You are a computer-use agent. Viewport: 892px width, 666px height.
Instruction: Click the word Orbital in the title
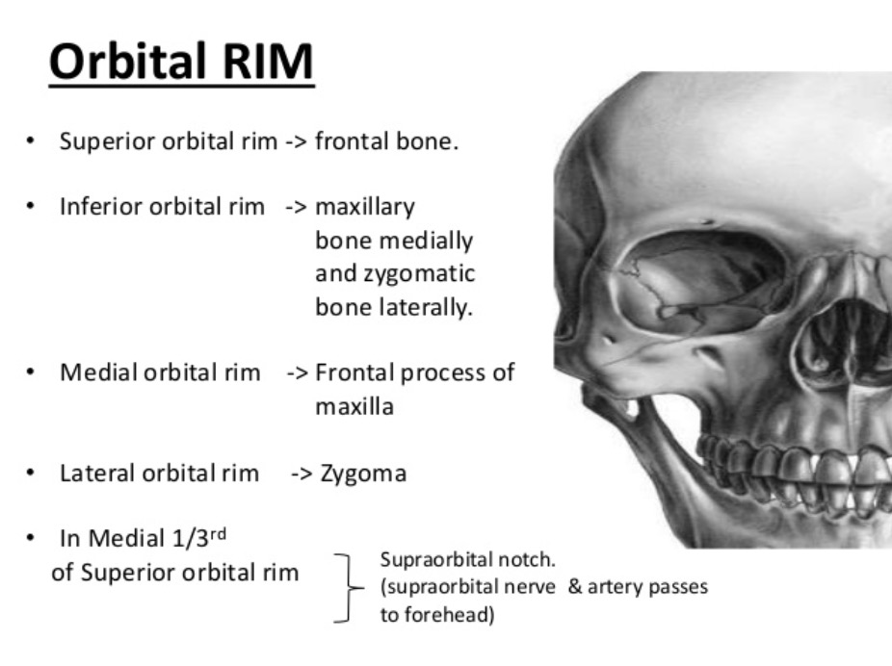pos(127,61)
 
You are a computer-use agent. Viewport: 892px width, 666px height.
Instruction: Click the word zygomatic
pos(419,274)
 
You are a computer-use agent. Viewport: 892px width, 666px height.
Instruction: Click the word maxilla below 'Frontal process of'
pos(354,407)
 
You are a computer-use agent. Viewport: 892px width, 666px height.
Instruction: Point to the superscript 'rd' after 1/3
pos(218,534)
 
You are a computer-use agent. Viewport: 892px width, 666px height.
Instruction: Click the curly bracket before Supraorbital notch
pos(347,588)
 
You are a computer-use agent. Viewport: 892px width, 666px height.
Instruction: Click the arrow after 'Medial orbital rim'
pos(298,373)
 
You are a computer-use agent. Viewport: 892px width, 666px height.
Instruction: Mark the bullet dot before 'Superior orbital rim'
pos(30,141)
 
